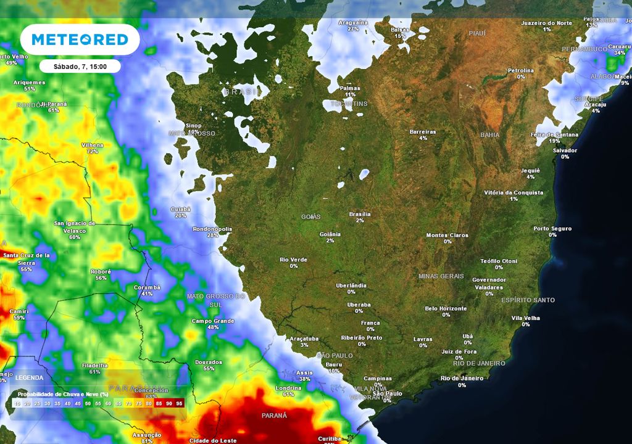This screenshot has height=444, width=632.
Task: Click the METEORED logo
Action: [x=80, y=39]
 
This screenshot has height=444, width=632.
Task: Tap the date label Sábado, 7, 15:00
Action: [x=80, y=66]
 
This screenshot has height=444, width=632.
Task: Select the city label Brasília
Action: [x=360, y=214]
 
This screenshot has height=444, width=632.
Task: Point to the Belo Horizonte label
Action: [x=446, y=308]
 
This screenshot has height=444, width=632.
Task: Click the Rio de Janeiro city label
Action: [x=462, y=378]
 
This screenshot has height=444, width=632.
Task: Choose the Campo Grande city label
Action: [x=213, y=321]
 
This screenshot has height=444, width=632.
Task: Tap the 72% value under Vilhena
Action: [x=93, y=151]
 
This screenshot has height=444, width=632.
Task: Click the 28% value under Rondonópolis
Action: [x=212, y=236]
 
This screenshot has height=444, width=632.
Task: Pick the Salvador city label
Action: [x=565, y=150]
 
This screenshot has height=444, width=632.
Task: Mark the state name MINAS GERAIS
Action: [x=441, y=276]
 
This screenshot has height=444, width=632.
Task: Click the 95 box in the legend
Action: [x=179, y=403]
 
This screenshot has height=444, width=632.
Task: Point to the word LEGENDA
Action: [x=30, y=377]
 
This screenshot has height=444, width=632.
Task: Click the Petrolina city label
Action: [x=520, y=70]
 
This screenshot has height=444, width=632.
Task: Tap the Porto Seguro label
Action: [x=552, y=228]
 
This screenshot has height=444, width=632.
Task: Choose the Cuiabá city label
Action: [x=181, y=209]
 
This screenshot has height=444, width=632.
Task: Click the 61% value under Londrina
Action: [x=288, y=394]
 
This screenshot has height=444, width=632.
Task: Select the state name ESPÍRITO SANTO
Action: [x=528, y=300]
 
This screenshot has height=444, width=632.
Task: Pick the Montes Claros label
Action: [x=447, y=235]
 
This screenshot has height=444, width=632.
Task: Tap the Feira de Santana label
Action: [x=554, y=134]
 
